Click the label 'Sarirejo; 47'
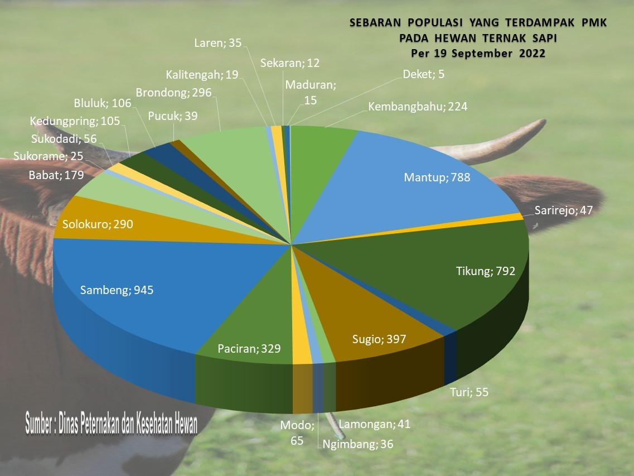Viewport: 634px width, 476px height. pyautogui.click(x=563, y=210)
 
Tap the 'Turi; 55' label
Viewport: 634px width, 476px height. pyautogui.click(x=469, y=392)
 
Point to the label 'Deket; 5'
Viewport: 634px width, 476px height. pyautogui.click(x=423, y=74)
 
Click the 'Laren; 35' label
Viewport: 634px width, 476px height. pyautogui.click(x=217, y=43)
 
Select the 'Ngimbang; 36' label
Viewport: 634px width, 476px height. pyautogui.click(x=357, y=444)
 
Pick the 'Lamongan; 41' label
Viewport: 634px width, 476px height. pyautogui.click(x=374, y=424)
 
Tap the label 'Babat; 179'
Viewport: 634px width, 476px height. pyautogui.click(x=56, y=175)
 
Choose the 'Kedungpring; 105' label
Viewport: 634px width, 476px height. pyautogui.click(x=75, y=121)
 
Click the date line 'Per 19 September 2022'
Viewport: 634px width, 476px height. pyautogui.click(x=478, y=54)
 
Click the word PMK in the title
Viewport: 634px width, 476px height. pyautogui.click(x=594, y=23)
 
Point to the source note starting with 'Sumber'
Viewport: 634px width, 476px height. pyautogui.click(x=112, y=424)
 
